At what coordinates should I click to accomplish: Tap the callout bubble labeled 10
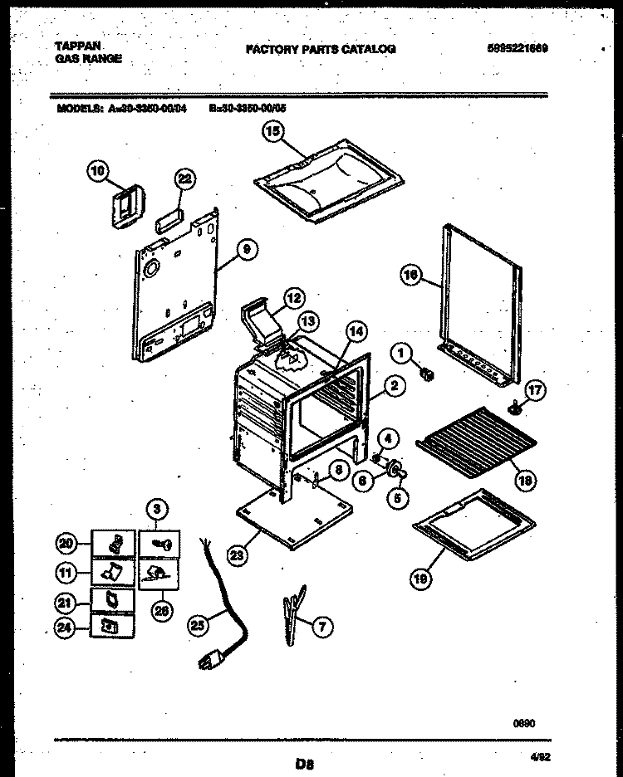(98, 172)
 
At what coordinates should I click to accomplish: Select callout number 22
(184, 178)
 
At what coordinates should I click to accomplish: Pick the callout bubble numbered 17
(534, 388)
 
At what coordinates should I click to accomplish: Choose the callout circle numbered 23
(238, 557)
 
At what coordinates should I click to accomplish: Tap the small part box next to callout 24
(108, 628)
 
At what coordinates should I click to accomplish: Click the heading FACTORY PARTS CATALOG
(321, 49)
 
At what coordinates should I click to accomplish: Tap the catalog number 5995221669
(517, 48)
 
